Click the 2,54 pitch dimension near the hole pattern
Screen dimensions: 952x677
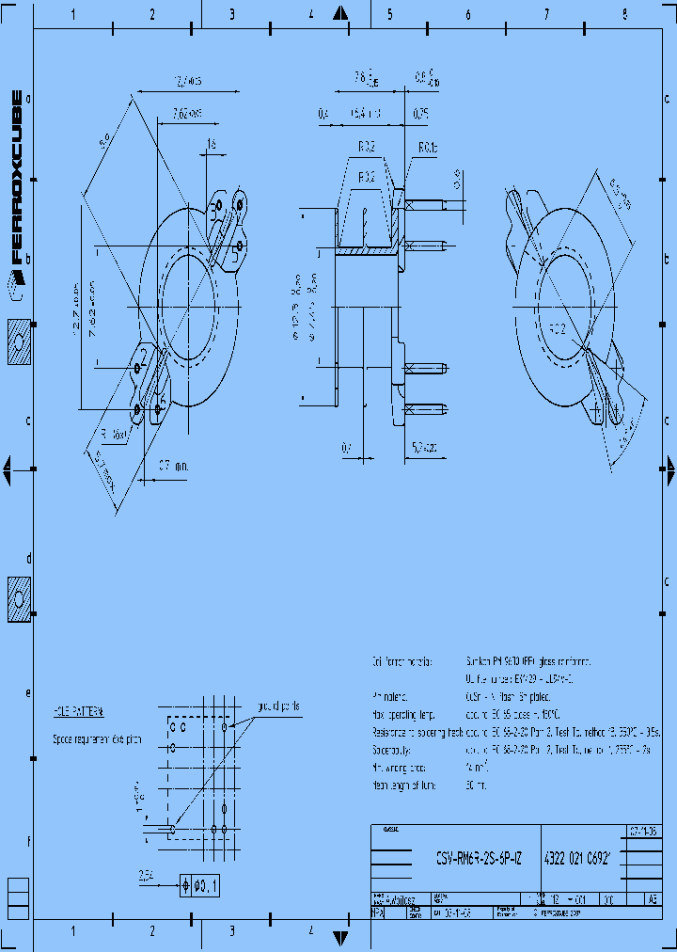click(x=145, y=875)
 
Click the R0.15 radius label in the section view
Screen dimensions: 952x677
click(x=428, y=148)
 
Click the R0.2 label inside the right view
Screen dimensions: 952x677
click(x=558, y=329)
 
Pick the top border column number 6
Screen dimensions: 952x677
click(x=467, y=15)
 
